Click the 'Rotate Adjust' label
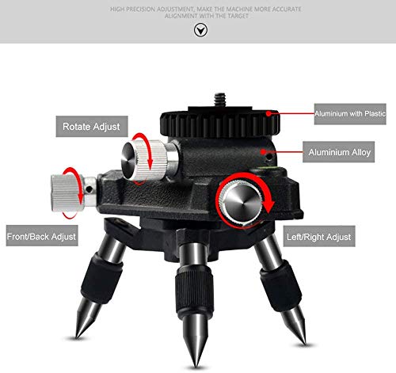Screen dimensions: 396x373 [92, 127]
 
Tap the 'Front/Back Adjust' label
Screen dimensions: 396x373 [42, 236]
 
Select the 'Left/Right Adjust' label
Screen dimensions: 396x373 [319, 236]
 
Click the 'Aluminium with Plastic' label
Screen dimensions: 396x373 [350, 114]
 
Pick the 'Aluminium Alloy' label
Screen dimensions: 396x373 [338, 152]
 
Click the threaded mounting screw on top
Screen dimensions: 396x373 [218, 100]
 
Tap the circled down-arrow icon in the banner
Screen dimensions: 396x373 [200, 30]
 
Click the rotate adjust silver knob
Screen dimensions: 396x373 [144, 161]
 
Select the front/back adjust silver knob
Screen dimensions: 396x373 [67, 192]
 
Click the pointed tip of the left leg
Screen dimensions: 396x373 [76, 337]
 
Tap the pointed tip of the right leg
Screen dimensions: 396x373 [305, 342]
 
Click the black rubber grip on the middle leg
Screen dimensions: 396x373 [194, 291]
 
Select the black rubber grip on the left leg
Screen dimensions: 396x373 [101, 278]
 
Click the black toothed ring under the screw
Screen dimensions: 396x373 [219, 124]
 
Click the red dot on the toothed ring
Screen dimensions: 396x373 [268, 113]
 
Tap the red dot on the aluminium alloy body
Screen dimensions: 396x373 [262, 151]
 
